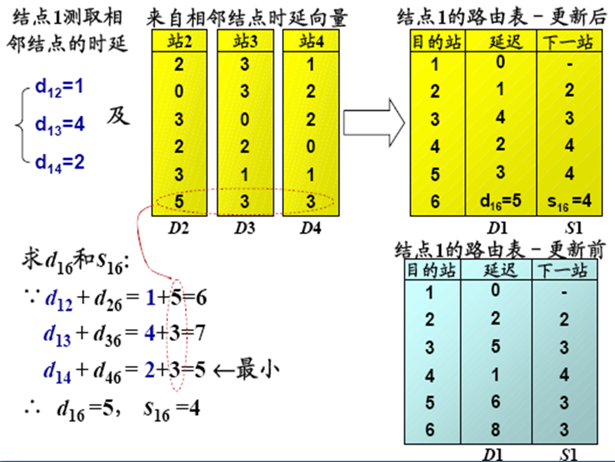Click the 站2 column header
(x=179, y=43)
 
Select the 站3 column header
(x=245, y=43)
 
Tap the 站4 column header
(x=310, y=43)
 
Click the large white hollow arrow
(x=374, y=123)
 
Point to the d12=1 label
(x=59, y=88)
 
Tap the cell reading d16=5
(x=501, y=200)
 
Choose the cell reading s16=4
(x=569, y=200)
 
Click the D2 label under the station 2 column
(x=179, y=228)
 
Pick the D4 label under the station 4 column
(x=310, y=228)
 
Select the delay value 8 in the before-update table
(x=496, y=429)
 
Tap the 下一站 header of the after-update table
(x=569, y=42)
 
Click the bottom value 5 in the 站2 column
(x=179, y=202)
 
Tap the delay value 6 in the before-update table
(x=496, y=402)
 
